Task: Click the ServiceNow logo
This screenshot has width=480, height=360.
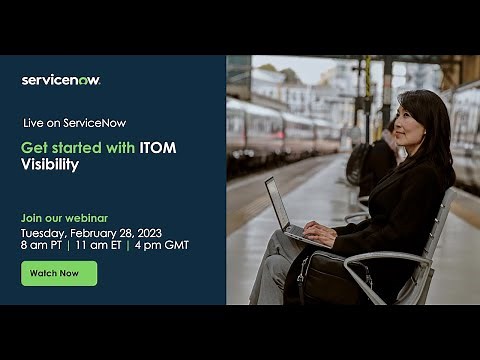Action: point(61,80)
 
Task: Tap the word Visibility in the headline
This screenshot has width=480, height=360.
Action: point(50,164)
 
